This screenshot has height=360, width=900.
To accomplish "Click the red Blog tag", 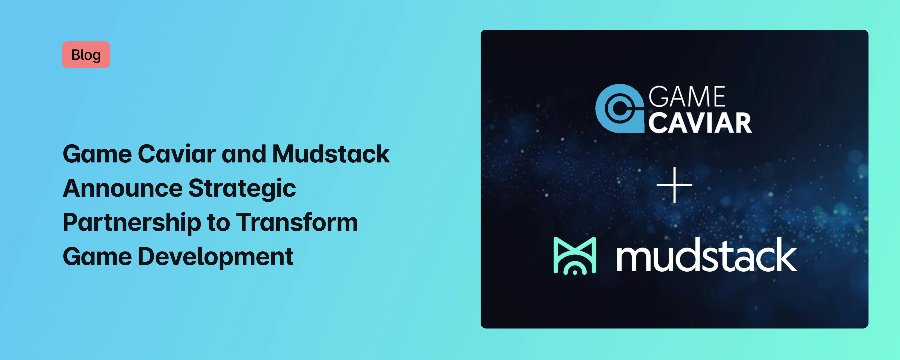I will pyautogui.click(x=86, y=55).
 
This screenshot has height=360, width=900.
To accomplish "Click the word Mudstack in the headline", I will pyautogui.click(x=331, y=154).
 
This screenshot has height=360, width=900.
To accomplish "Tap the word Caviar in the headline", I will pyautogui.click(x=177, y=154).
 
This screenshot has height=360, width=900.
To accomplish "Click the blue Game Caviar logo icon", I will pyautogui.click(x=619, y=108).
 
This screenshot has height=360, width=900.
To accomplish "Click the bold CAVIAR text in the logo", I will pyautogui.click(x=700, y=123).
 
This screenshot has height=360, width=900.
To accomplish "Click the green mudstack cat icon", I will pyautogui.click(x=575, y=256).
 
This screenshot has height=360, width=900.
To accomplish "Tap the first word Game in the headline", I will pyautogui.click(x=97, y=154).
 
